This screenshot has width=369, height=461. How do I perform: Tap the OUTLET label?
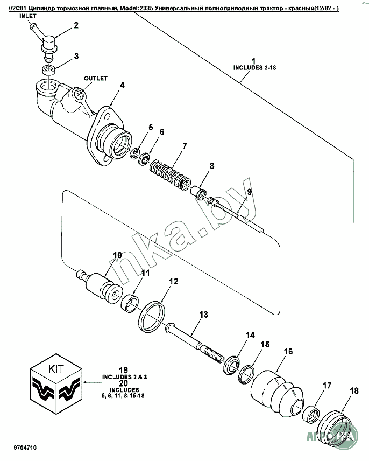click(x=96, y=78)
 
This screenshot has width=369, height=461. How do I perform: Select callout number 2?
click(x=76, y=25)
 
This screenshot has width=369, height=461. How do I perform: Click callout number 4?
click(x=122, y=85)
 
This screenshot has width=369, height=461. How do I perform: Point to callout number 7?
click(x=184, y=146)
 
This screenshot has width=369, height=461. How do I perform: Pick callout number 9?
click(x=249, y=191)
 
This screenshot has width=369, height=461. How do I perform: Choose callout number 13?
click(x=203, y=314)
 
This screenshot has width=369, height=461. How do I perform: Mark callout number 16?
click(x=288, y=352)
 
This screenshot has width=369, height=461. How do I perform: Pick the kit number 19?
click(x=123, y=370)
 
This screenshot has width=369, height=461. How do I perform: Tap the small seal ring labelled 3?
click(x=49, y=69)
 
